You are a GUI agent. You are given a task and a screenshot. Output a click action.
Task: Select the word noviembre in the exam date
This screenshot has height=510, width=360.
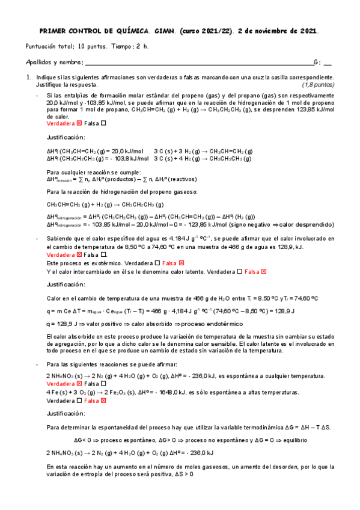click(x=271, y=31)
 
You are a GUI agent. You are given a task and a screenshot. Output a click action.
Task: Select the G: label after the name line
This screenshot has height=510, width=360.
click(x=317, y=62)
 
